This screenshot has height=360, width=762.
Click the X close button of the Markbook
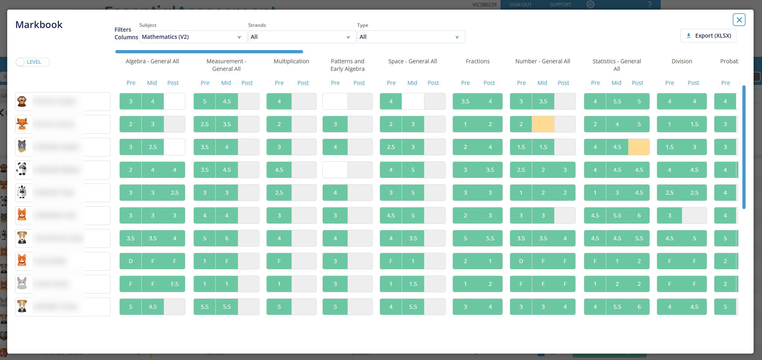(739, 20)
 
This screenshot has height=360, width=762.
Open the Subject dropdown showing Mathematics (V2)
(192, 37)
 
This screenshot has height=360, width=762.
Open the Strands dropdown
(300, 37)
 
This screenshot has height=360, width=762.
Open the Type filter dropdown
(410, 37)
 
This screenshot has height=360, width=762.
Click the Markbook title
(39, 25)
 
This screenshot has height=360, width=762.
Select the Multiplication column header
(291, 61)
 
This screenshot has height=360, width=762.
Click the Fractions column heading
(477, 61)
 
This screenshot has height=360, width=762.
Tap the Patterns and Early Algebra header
(347, 65)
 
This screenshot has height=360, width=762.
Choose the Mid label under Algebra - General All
(152, 83)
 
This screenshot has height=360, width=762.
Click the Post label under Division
(693, 83)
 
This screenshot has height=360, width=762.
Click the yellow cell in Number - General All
(543, 124)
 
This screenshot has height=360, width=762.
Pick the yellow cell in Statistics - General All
(639, 147)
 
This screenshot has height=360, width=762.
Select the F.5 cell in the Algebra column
(175, 284)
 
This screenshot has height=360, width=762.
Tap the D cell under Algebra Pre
(131, 261)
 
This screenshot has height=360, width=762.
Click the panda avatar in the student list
(22, 169)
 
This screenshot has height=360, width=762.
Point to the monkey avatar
(22, 101)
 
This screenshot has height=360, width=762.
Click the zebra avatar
(22, 192)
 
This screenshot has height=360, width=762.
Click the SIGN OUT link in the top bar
(520, 5)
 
